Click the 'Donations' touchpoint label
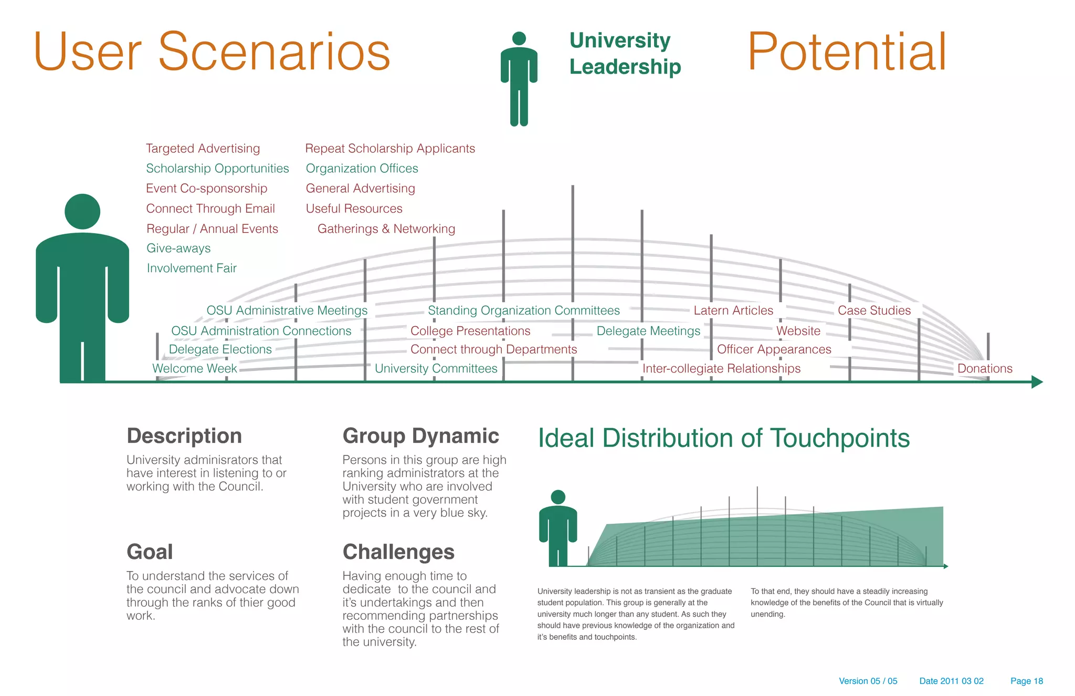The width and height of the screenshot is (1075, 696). pos(985,368)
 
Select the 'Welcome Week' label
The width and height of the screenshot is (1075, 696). pos(195,368)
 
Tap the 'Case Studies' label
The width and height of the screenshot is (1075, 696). pos(874,310)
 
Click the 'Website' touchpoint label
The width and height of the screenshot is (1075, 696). pos(798,331)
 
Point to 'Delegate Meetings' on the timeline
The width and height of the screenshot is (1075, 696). pos(648,331)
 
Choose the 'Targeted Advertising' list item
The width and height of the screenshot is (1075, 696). pos(203,149)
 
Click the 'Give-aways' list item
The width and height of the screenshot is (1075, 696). pos(178,248)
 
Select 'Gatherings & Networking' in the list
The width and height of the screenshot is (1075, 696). pos(386,229)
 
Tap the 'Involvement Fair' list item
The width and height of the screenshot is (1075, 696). pos(192,268)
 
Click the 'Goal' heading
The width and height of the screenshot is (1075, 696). pos(150,552)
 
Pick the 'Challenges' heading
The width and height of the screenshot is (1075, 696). pos(398,552)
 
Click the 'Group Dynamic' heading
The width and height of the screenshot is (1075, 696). pos(420,436)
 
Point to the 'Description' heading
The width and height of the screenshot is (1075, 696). pos(184,436)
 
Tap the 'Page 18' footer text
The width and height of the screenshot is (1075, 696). pos(1027,681)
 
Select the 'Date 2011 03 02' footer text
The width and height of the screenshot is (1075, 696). pos(951,681)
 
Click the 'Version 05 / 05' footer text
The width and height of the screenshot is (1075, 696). pos(868,681)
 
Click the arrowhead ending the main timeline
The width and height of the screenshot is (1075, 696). pos(1037,382)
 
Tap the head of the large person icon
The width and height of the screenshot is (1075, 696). pos(82,211)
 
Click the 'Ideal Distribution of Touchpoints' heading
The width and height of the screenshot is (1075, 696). pos(724,438)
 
